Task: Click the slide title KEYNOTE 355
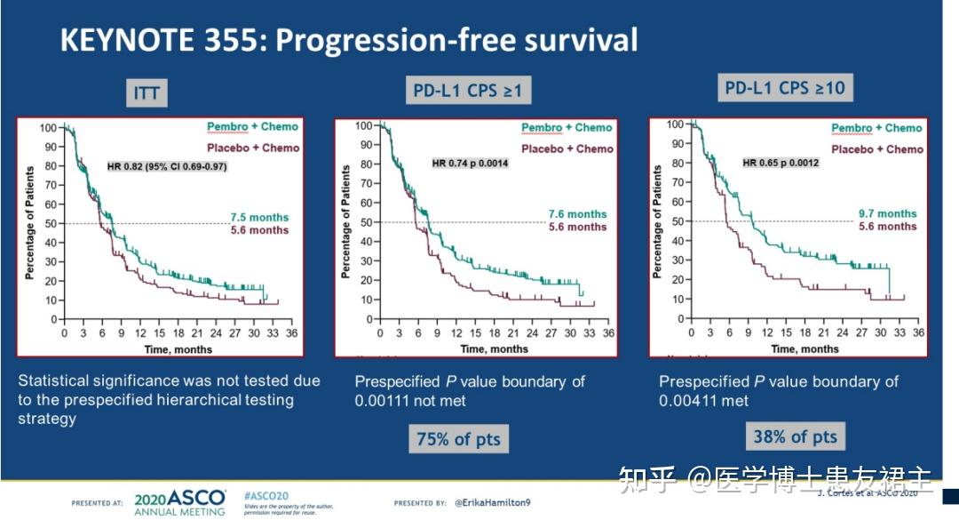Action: pyautogui.click(x=348, y=41)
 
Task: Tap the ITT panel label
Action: pyautogui.click(x=147, y=93)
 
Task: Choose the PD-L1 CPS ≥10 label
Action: pyautogui.click(x=784, y=88)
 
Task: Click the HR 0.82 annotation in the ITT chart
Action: pyautogui.click(x=167, y=165)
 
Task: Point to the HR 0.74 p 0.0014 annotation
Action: pyautogui.click(x=471, y=164)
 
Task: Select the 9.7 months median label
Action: pyautogui.click(x=887, y=213)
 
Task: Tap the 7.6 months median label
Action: pyautogui.click(x=576, y=213)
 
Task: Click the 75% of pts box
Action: pyautogui.click(x=459, y=438)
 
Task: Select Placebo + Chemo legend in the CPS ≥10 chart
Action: pyautogui.click(x=877, y=149)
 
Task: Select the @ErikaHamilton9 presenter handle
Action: pyautogui.click(x=493, y=503)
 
